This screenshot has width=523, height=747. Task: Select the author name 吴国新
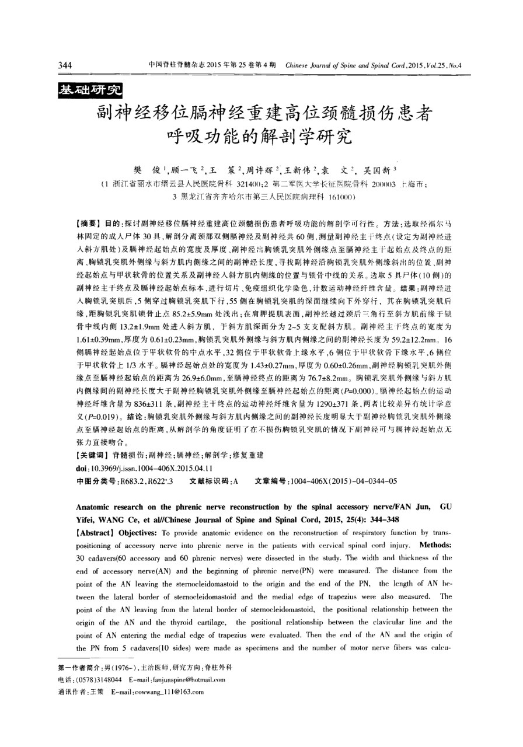pyautogui.click(x=379, y=169)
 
